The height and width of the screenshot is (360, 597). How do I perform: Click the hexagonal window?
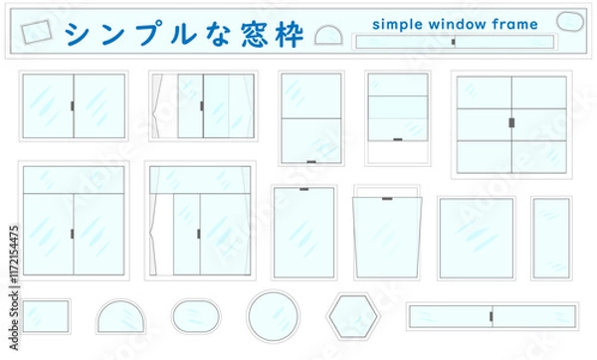(x=353, y=316)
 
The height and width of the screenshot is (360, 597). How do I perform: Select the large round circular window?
(x=273, y=316)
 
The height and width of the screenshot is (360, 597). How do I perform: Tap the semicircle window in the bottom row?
(x=120, y=316)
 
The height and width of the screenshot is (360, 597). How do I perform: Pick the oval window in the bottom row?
(x=196, y=316)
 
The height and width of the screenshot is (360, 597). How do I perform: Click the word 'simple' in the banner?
(x=397, y=25)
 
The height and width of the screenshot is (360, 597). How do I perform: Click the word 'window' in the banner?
(x=458, y=24)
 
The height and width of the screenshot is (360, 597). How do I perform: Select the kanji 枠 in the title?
(x=290, y=34)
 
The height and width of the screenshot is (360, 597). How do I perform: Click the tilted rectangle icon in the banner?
(x=36, y=32)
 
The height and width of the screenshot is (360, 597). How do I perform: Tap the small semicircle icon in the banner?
(x=328, y=36)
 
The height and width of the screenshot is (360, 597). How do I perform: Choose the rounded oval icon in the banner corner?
(x=570, y=21)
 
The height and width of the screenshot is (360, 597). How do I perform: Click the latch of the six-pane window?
(x=511, y=122)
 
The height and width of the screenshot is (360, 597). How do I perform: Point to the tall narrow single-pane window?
(x=551, y=239)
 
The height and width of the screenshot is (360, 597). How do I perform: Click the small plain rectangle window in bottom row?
(x=46, y=316)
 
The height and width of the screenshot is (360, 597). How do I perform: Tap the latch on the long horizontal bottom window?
(x=491, y=316)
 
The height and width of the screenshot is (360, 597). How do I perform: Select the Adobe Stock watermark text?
(x=14, y=287)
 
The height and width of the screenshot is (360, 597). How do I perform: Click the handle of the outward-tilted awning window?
(x=387, y=199)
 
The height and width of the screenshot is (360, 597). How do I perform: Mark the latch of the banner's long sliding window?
(x=453, y=42)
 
